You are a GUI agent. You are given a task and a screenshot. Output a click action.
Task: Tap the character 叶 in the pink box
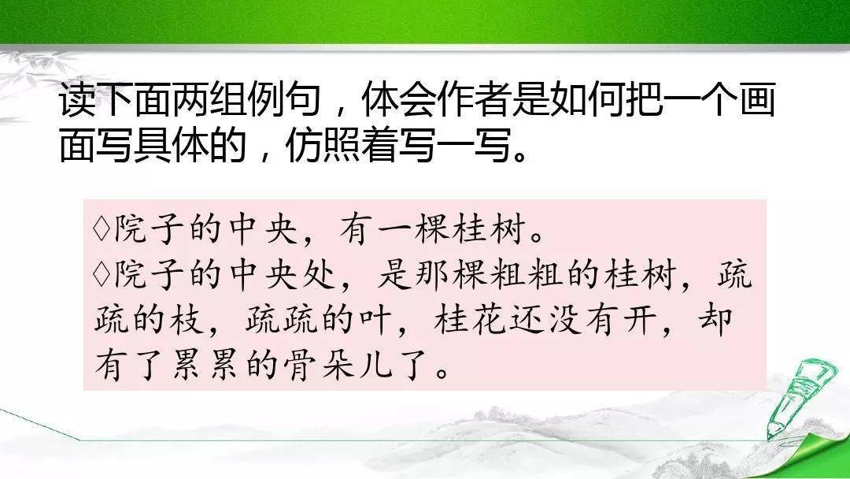(374, 320)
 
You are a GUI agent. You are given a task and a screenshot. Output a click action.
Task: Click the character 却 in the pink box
(715, 320)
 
